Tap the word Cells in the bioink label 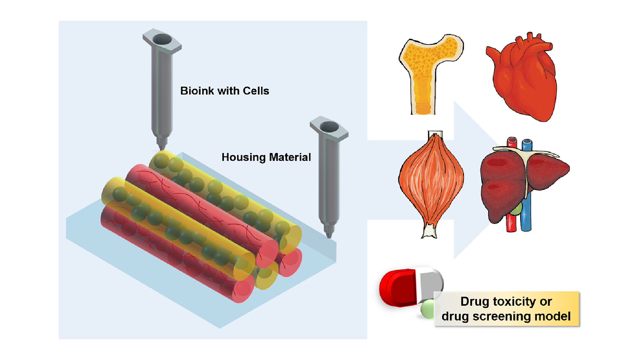[256, 91]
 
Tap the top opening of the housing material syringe [329, 127]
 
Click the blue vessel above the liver [527, 145]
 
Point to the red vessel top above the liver [512, 142]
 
